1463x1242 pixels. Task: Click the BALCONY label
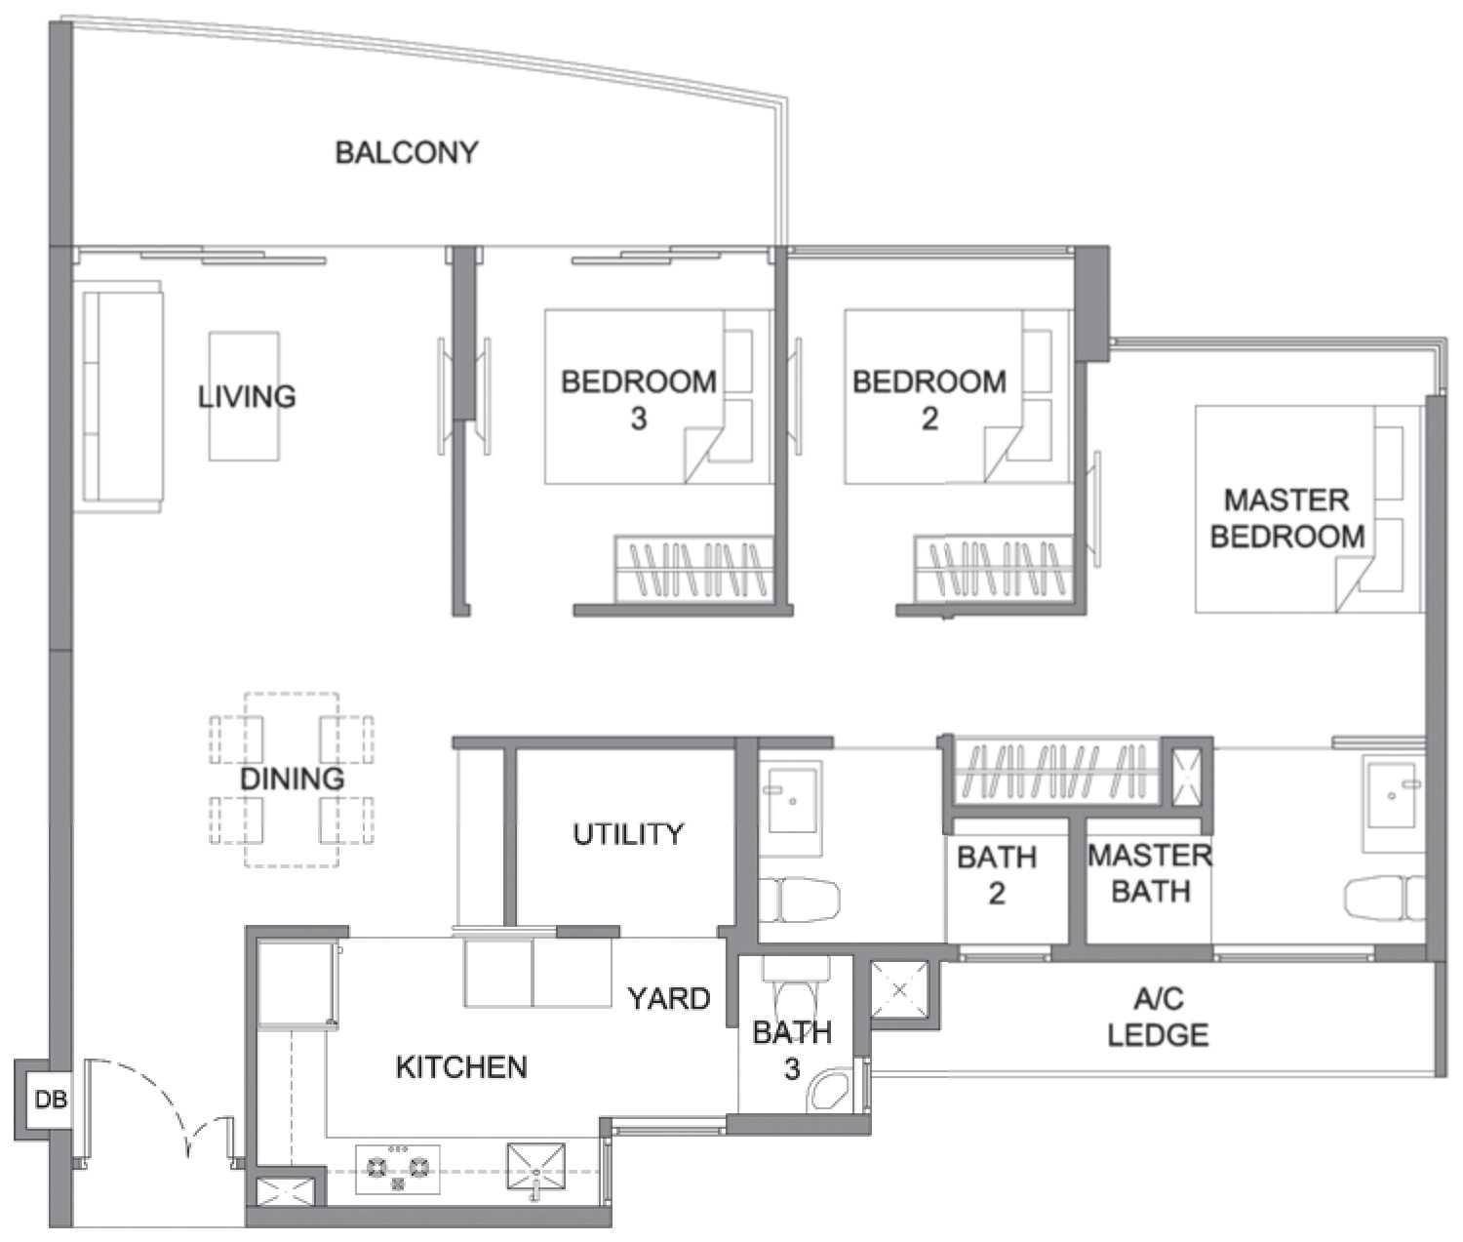click(x=407, y=152)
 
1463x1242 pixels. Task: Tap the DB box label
click(x=51, y=1099)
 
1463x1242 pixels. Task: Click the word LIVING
click(x=247, y=396)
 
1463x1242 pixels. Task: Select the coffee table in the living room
click(x=244, y=396)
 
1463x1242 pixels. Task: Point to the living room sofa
click(x=123, y=396)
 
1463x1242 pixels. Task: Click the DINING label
click(x=293, y=779)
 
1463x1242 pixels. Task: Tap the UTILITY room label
click(x=628, y=834)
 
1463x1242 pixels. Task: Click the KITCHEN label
click(x=461, y=1067)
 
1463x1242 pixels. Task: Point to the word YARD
click(x=669, y=998)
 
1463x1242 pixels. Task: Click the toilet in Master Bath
click(x=1384, y=900)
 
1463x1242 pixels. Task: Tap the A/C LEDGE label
click(x=1158, y=1018)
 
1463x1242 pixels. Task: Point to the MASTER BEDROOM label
click(x=1287, y=518)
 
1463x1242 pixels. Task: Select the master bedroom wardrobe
click(x=1057, y=772)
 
